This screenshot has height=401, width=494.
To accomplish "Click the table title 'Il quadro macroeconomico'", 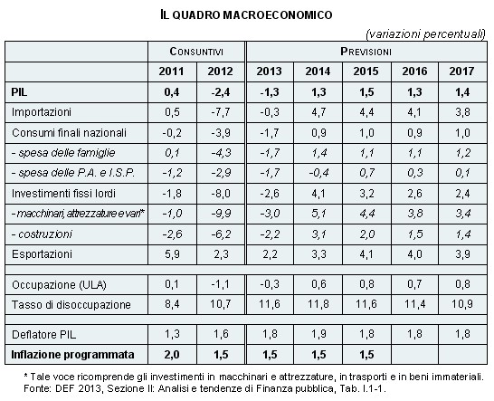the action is (x=246, y=14).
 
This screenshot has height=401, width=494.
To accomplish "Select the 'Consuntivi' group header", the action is (x=196, y=52).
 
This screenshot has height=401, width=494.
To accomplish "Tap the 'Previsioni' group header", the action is (x=366, y=52).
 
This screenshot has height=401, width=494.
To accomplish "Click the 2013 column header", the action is (x=269, y=72).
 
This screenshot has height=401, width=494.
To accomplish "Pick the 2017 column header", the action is (x=461, y=72).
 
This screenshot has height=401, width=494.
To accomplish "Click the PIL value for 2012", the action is (x=221, y=92).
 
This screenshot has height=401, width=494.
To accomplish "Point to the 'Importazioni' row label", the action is (x=42, y=112).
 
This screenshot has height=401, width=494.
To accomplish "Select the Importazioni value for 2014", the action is (x=318, y=112).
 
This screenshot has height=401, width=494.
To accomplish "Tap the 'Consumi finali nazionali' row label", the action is (x=69, y=133).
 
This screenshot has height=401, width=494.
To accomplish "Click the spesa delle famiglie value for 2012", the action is (x=221, y=153).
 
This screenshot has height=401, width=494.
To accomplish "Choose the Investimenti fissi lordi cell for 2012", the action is (x=221, y=193).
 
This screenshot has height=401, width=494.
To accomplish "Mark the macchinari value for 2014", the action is (x=318, y=214).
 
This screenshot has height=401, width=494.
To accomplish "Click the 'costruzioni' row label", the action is (x=42, y=234).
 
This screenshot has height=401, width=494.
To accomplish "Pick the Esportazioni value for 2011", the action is (x=172, y=254).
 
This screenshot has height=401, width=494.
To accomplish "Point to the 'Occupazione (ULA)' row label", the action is (x=59, y=284).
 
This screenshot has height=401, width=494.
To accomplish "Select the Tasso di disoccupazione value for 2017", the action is (x=462, y=304).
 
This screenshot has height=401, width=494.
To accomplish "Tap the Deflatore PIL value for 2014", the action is (x=318, y=334).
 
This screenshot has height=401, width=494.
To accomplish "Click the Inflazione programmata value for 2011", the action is (x=172, y=355).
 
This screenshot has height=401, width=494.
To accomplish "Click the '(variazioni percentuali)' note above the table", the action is (x=425, y=34).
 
